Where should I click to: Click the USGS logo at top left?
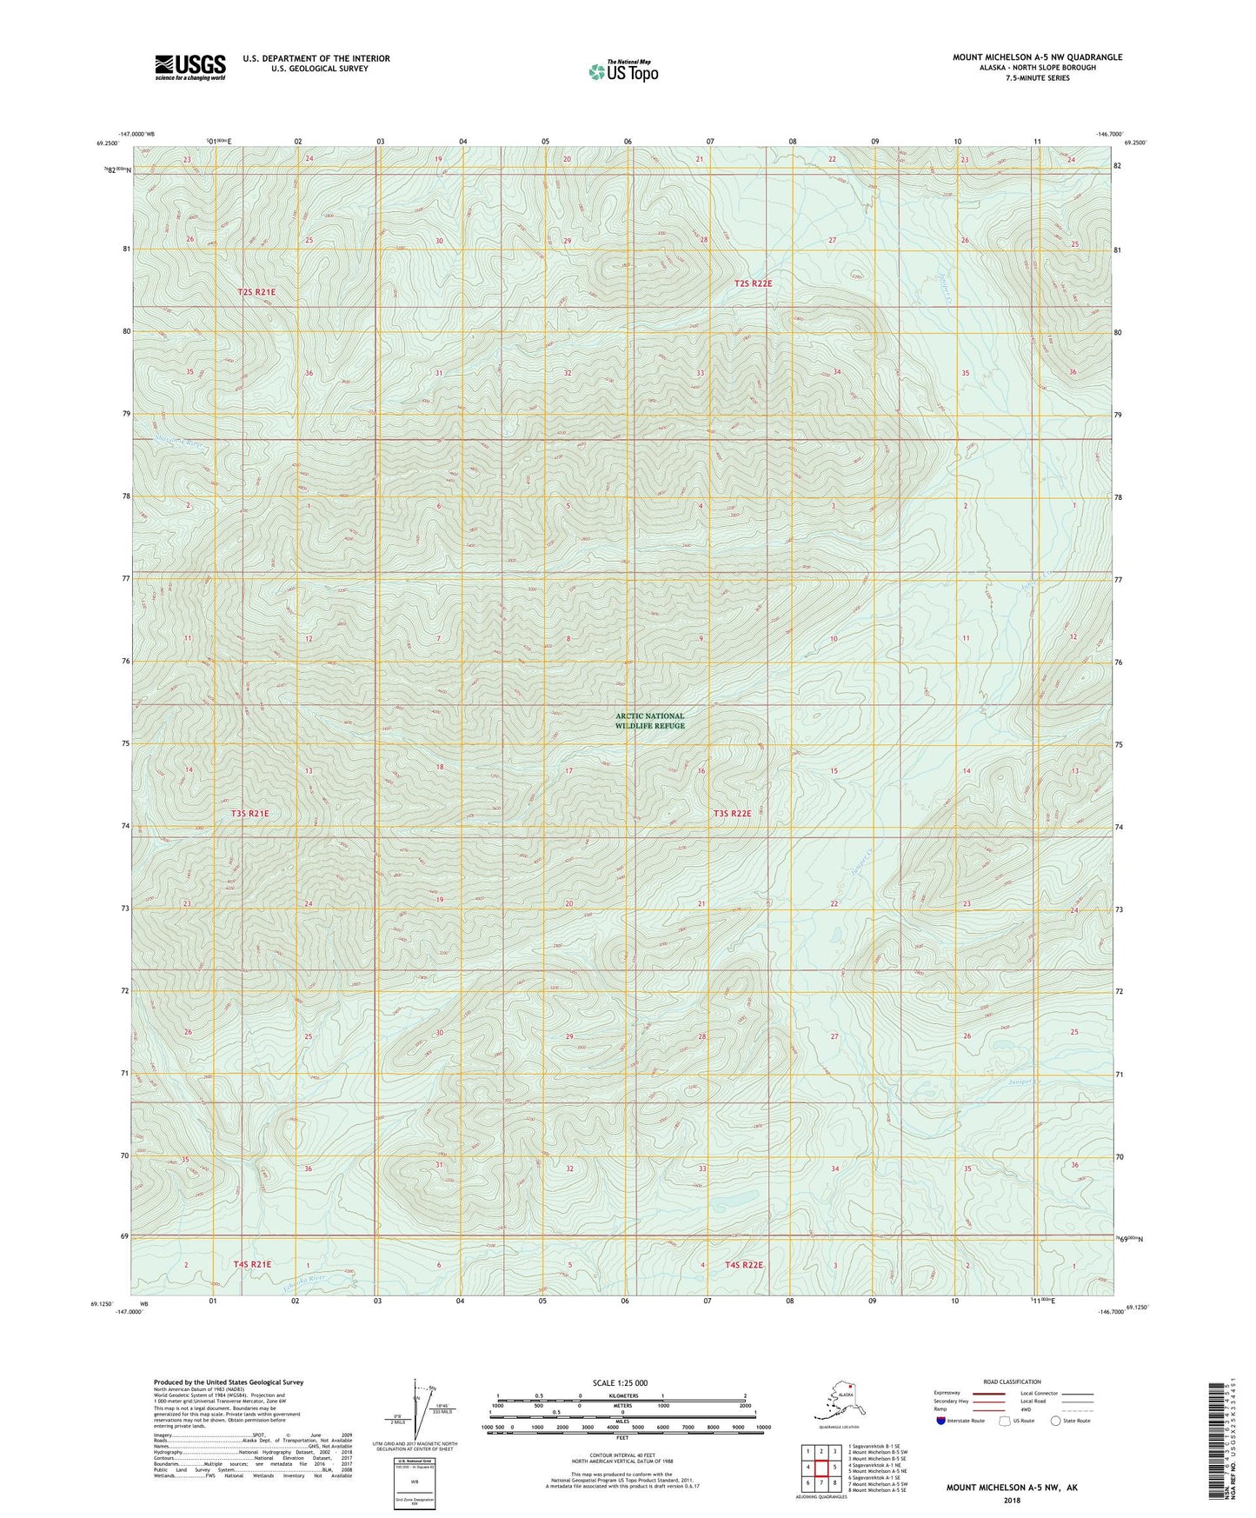tap(189, 67)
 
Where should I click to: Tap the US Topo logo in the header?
tap(622, 70)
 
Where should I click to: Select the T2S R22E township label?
tap(753, 283)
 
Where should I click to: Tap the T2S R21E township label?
tap(256, 292)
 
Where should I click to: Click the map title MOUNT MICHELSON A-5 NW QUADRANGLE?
tap(1036, 57)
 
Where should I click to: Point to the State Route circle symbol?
tap(1055, 1421)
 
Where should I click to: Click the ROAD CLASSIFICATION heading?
tap(1012, 1382)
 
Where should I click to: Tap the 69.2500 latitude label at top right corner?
tap(1135, 143)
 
